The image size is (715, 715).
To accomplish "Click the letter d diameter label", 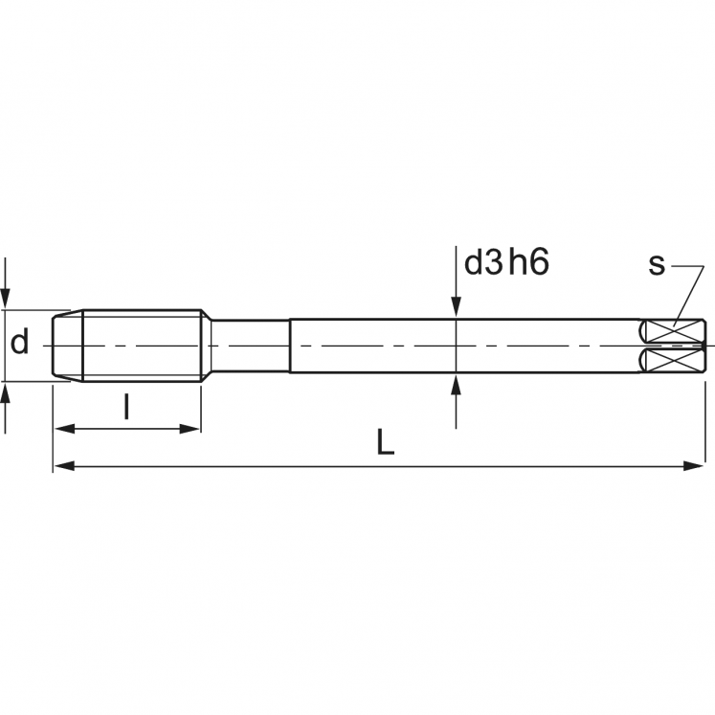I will (20, 342).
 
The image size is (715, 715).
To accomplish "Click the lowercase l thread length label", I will (127, 408).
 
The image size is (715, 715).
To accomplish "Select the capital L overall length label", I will (385, 441).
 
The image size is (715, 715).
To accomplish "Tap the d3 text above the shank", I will (483, 263).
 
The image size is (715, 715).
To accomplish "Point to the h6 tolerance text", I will (529, 263).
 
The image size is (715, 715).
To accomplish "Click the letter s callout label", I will (656, 264).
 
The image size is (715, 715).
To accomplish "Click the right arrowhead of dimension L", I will (696, 466).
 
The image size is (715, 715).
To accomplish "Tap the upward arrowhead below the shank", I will (457, 384).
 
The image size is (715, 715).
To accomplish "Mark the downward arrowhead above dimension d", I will (7, 297).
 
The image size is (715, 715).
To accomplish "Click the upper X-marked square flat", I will (673, 330).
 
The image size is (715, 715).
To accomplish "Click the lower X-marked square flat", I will (673, 360).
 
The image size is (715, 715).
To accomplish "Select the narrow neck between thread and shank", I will (250, 345).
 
